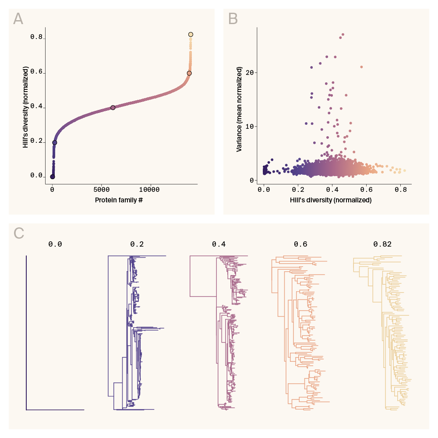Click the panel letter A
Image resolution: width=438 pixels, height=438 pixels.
coord(18,19)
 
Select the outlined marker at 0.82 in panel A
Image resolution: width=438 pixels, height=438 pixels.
coord(191,35)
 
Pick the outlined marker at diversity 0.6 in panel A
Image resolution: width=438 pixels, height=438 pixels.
coord(189,73)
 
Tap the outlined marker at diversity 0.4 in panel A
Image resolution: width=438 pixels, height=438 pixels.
coord(113,108)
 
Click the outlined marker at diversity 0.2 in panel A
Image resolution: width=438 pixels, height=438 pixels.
coord(55,142)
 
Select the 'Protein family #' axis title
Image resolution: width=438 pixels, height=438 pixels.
coord(119,200)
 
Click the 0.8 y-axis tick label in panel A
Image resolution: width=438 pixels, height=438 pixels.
coord(36,37)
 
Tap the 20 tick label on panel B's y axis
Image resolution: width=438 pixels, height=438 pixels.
coord(249,72)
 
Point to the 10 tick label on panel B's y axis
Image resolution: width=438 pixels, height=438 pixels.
coord(249,127)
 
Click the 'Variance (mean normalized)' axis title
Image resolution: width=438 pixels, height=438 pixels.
coord(240,109)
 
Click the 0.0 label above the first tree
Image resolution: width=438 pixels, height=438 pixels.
coord(55,244)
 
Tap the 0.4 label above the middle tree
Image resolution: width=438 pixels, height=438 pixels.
coord(219,244)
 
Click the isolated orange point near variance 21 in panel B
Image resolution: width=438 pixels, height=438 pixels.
coord(361,67)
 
